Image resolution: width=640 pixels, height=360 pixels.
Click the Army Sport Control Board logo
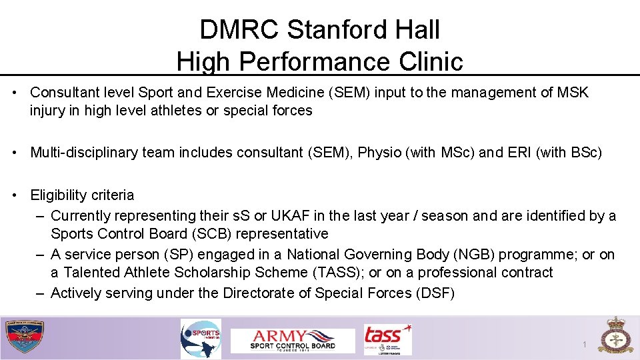pyautogui.click(x=293, y=340)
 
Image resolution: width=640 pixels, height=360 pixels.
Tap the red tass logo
pyautogui.click(x=387, y=339)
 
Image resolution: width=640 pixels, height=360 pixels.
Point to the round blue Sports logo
pyautogui.click(x=201, y=339)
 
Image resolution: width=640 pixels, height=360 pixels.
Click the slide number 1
pyautogui.click(x=584, y=345)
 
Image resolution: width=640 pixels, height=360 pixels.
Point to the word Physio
pyautogui.click(x=381, y=153)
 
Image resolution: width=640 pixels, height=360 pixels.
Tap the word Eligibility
pyautogui.click(x=59, y=195)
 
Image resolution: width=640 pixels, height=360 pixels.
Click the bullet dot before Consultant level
pyautogui.click(x=14, y=92)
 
